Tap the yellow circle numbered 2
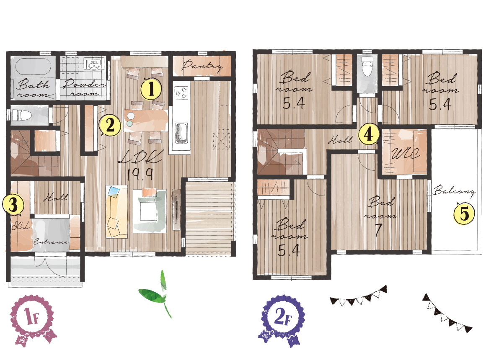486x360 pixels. coord(110,125)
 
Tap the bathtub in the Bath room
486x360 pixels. coord(33,67)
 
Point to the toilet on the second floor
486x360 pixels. coord(367,67)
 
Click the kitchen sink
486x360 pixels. coord(181,131)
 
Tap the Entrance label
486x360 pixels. coord(51,242)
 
